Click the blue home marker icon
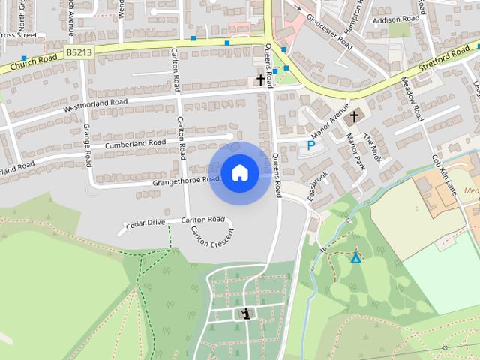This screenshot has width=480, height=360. [x=240, y=172]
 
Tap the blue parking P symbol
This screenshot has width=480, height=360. [x=310, y=145]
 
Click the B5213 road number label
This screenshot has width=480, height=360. [x=79, y=52]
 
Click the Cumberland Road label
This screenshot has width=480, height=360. [x=135, y=142]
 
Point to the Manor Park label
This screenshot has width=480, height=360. [x=354, y=150]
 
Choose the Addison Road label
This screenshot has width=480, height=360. [x=395, y=20]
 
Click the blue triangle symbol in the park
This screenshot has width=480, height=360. [x=355, y=258]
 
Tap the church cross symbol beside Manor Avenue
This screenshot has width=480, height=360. [x=354, y=116]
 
